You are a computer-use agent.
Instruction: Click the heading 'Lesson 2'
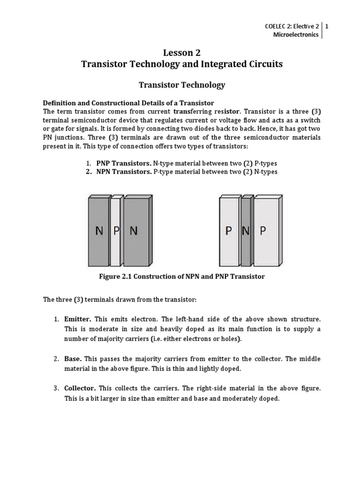coord(182,53)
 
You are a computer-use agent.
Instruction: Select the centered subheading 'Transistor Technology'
coord(182,85)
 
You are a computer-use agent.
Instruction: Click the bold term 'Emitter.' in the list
coord(77,320)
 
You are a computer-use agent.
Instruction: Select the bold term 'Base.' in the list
coord(73,359)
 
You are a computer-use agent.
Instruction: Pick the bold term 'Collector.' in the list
coord(80,388)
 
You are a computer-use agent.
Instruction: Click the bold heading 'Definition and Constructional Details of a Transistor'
coord(129,103)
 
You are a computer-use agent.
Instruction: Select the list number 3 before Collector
coord(55,388)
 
